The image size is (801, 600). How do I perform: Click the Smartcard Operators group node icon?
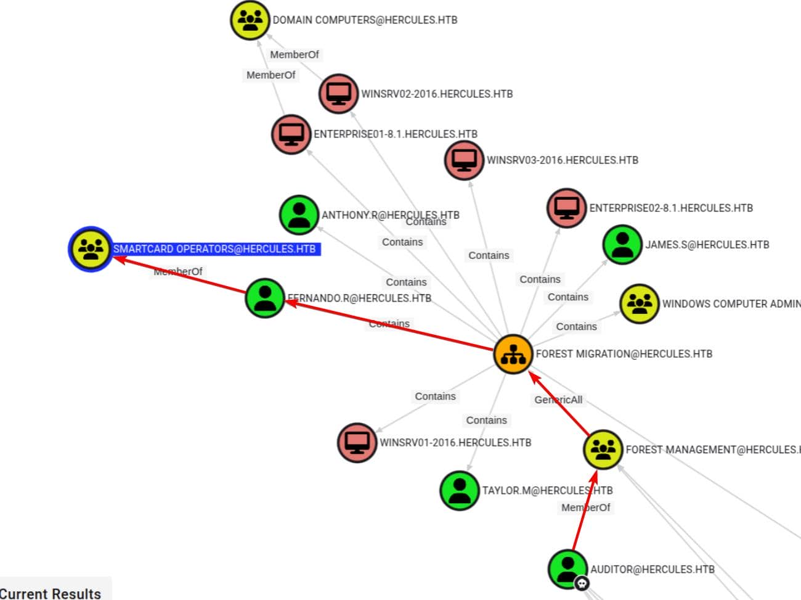(x=91, y=249)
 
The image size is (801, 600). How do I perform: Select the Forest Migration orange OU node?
(x=513, y=354)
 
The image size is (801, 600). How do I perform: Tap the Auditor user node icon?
(x=567, y=568)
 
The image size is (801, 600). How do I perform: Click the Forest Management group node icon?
(x=603, y=449)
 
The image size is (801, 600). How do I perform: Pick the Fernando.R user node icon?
(x=265, y=297)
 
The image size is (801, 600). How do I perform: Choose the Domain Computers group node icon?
(x=250, y=20)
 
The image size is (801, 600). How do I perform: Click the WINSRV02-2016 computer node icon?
(x=338, y=93)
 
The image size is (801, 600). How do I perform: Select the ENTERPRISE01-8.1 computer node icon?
(x=291, y=133)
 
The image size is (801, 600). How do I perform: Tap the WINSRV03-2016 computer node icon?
(x=464, y=159)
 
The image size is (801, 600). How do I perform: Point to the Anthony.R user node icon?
(x=299, y=215)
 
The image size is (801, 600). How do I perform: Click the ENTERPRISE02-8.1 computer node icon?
(x=566, y=208)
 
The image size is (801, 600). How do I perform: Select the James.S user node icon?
(x=622, y=244)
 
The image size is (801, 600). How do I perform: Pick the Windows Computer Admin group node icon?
(x=640, y=303)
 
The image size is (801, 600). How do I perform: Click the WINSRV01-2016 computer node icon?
(x=357, y=442)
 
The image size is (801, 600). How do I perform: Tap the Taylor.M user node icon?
(x=459, y=490)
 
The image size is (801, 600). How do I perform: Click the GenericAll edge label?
(x=558, y=400)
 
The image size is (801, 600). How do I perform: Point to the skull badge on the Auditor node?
(x=582, y=583)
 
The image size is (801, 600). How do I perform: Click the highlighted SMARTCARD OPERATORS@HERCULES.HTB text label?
(x=214, y=249)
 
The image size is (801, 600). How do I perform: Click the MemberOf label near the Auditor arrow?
(x=585, y=508)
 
